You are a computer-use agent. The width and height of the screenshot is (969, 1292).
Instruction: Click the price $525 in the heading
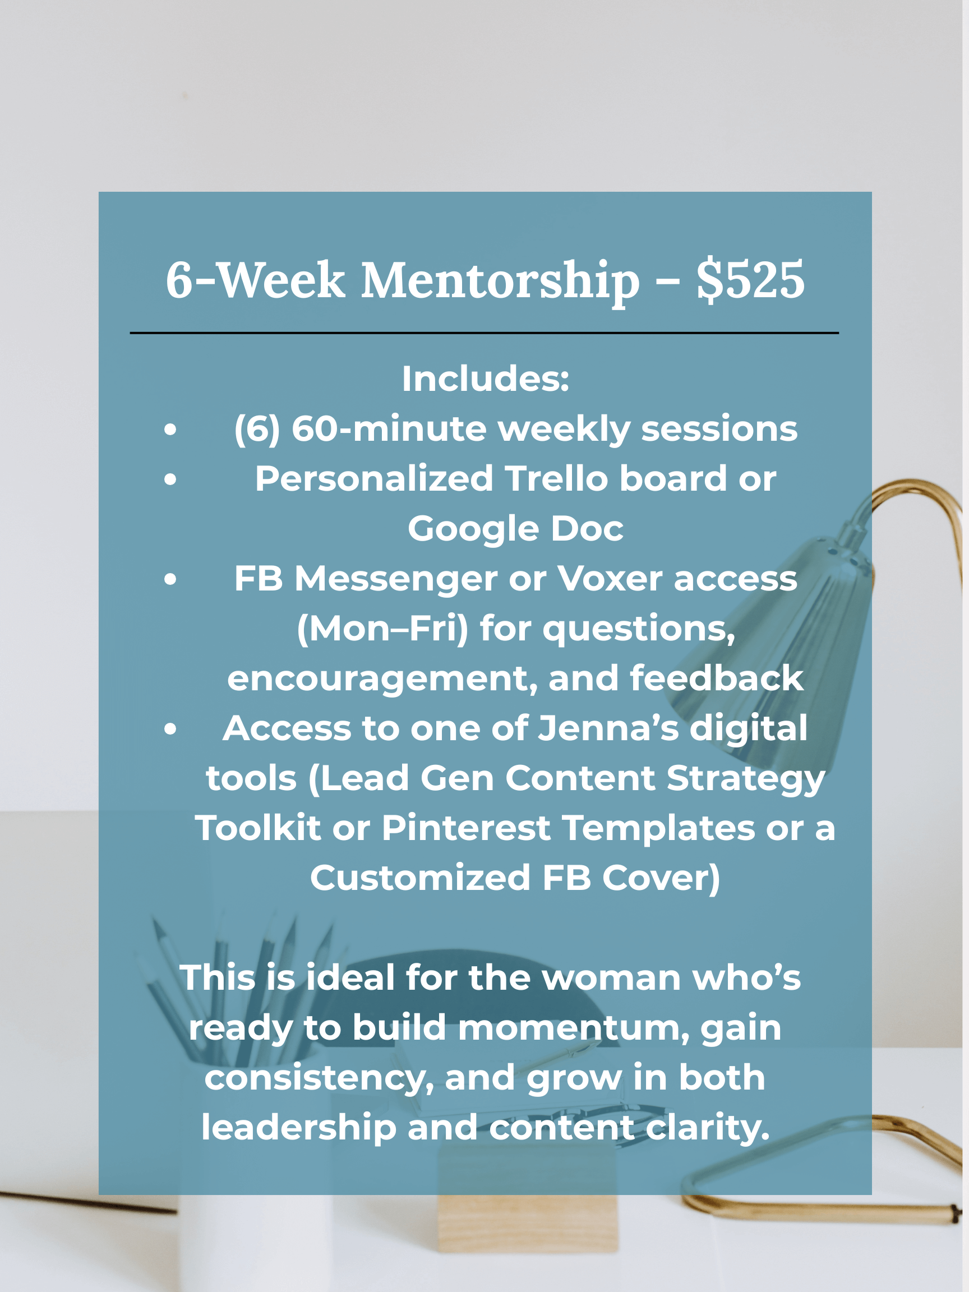(x=750, y=280)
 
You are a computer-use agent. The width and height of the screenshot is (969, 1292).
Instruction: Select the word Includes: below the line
(x=486, y=379)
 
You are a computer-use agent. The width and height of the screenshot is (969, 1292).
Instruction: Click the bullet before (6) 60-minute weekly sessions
(x=170, y=430)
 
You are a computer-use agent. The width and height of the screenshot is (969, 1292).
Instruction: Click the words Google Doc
(x=515, y=529)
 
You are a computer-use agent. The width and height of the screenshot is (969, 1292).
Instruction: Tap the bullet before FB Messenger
(x=170, y=579)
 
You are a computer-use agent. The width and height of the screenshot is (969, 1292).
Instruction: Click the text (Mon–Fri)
(x=382, y=629)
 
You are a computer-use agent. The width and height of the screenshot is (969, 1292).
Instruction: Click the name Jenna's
(x=608, y=728)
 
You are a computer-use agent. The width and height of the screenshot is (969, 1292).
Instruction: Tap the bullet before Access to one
(x=170, y=728)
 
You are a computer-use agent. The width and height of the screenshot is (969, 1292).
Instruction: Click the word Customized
(x=420, y=878)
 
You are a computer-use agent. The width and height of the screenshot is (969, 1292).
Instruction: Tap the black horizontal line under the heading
(x=484, y=333)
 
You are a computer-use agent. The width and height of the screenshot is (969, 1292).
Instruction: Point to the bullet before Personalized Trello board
(x=170, y=479)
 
